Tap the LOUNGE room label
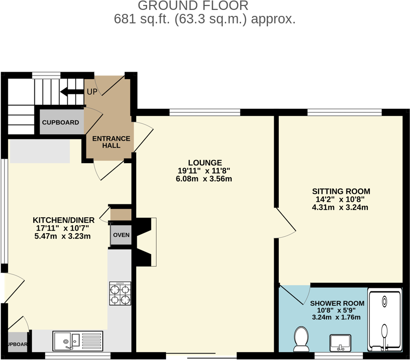(x=205, y=163)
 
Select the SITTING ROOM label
(x=341, y=191)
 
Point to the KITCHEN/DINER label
(x=62, y=220)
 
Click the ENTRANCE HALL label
(x=111, y=142)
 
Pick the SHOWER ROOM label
(x=337, y=303)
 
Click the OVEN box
(x=121, y=235)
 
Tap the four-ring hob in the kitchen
(x=120, y=293)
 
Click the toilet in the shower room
(x=301, y=338)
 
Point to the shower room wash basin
(x=340, y=342)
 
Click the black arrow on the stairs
(x=71, y=91)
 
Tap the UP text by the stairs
(x=92, y=92)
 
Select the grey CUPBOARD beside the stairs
(x=61, y=122)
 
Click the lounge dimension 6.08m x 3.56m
(x=205, y=179)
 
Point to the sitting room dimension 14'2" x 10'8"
(x=341, y=199)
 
